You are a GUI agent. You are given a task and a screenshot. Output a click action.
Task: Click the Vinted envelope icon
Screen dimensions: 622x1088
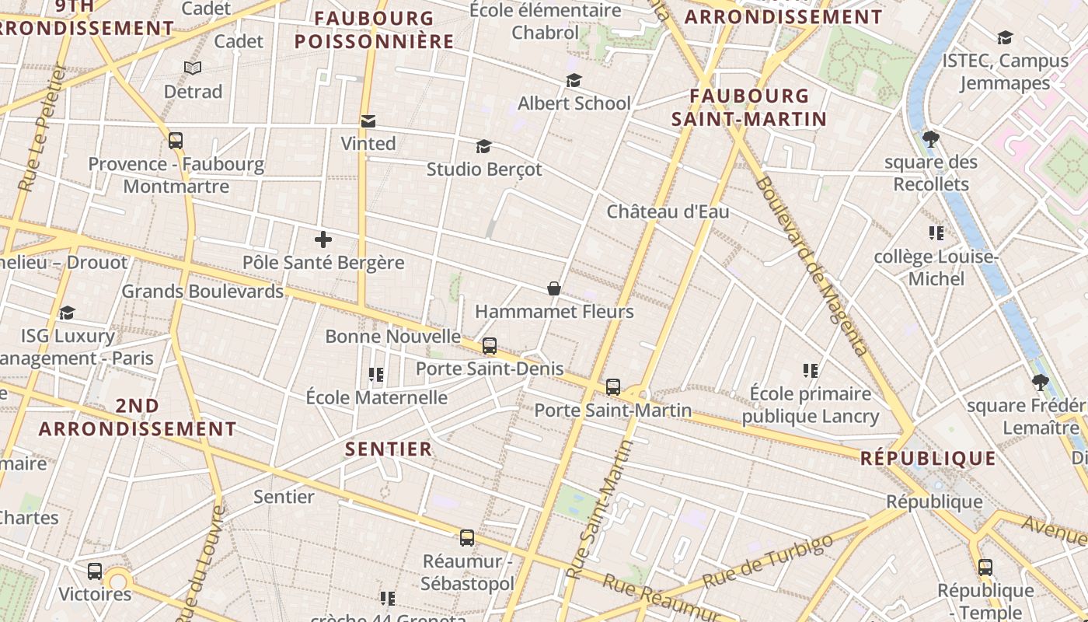click(368, 121)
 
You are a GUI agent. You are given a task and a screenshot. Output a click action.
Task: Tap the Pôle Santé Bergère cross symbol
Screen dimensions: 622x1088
click(323, 239)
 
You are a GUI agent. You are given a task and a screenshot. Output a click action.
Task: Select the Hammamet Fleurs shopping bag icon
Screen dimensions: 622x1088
click(554, 289)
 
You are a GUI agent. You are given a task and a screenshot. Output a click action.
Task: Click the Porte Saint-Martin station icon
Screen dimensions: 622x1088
click(613, 386)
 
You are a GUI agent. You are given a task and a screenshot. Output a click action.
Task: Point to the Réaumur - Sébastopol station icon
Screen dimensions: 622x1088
click(467, 537)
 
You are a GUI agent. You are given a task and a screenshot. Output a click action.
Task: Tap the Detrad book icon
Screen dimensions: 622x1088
click(193, 68)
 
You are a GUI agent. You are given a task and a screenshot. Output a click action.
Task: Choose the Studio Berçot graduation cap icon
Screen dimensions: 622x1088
click(484, 147)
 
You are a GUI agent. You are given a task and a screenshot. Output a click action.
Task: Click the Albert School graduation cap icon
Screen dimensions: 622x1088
click(574, 80)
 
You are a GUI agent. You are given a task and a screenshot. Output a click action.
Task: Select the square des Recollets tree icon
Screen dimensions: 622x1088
click(931, 139)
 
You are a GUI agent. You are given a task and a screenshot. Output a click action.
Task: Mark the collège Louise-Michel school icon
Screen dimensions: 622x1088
click(936, 232)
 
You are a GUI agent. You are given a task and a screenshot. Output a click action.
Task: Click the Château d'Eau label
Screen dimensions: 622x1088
click(668, 211)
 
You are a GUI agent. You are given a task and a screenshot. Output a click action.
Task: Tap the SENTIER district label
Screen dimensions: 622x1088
click(389, 449)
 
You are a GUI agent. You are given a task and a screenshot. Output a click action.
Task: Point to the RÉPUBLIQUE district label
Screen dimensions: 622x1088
click(928, 459)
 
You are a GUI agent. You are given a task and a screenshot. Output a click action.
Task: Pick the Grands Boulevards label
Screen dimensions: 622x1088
click(203, 292)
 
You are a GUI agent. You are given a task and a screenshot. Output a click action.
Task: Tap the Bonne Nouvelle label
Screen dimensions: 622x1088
click(392, 337)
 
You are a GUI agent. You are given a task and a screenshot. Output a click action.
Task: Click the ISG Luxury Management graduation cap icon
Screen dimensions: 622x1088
click(68, 313)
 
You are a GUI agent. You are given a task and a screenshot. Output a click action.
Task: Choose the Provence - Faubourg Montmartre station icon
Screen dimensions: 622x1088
click(176, 141)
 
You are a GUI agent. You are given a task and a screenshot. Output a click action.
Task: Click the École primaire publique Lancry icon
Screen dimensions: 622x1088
click(811, 371)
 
